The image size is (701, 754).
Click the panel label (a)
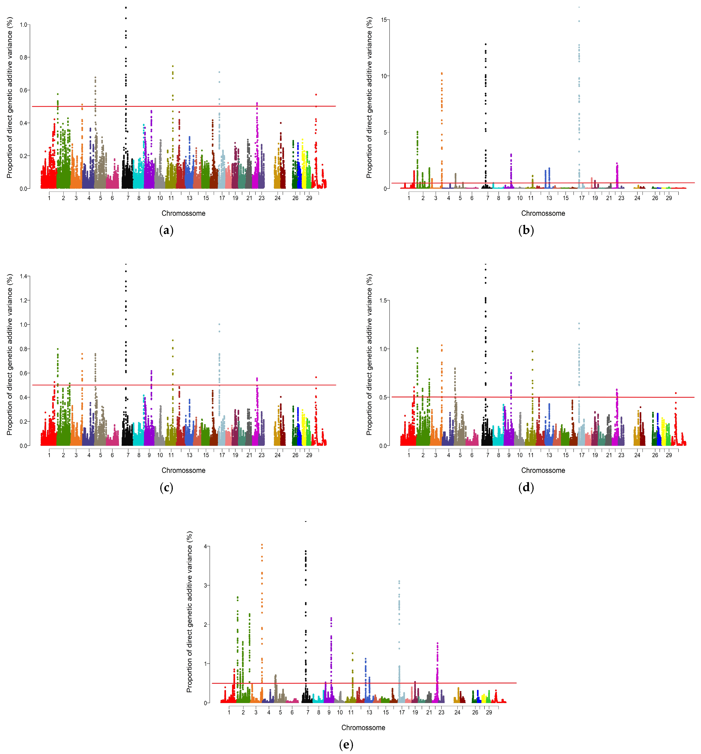[166, 230]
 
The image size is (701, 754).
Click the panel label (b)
[526, 230]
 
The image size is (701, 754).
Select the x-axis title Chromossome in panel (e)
[363, 727]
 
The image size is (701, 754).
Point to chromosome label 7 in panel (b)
[488, 198]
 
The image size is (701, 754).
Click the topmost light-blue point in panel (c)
[219, 324]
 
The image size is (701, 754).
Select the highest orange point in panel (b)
[442, 73]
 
